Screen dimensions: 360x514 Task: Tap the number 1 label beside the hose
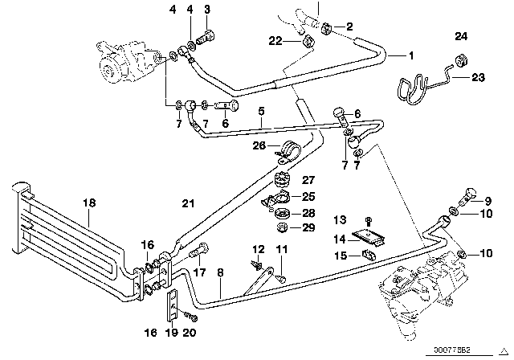coord(411,55)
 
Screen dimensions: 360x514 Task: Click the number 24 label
coord(460,36)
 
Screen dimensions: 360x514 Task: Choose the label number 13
coord(340,219)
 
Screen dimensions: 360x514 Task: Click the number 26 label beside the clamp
coord(258,145)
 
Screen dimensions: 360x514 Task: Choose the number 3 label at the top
coord(208,10)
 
